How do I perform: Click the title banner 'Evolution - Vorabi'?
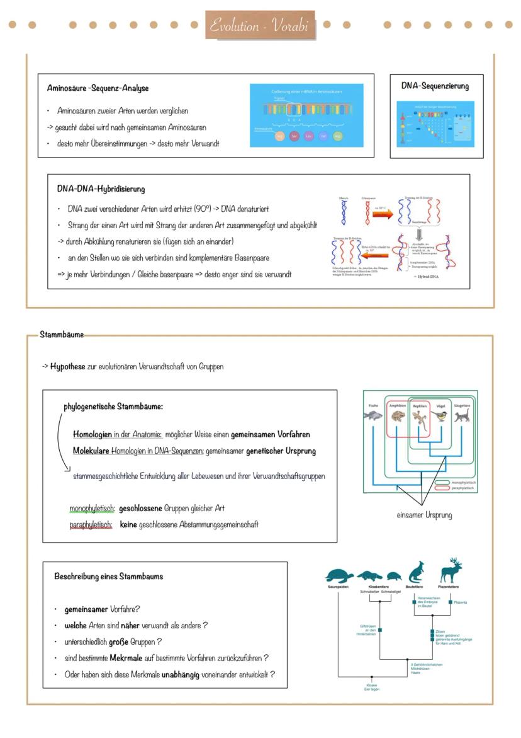coord(260,25)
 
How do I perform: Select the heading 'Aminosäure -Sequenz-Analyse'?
coord(98,88)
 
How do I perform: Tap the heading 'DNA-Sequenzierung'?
coord(435,86)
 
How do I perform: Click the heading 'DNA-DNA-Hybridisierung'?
coord(101,188)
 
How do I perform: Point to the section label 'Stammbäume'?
coord(62,335)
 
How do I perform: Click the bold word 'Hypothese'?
coord(67,366)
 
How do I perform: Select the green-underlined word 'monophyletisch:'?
coord(92,508)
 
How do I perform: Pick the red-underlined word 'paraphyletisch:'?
coord(91,524)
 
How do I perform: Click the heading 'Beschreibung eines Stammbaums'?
coord(108,576)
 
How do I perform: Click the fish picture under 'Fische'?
coord(373,416)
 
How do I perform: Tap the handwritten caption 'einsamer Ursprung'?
coord(424,515)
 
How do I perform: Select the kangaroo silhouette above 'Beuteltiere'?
coord(415,572)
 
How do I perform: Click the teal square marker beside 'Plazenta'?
coord(450,602)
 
